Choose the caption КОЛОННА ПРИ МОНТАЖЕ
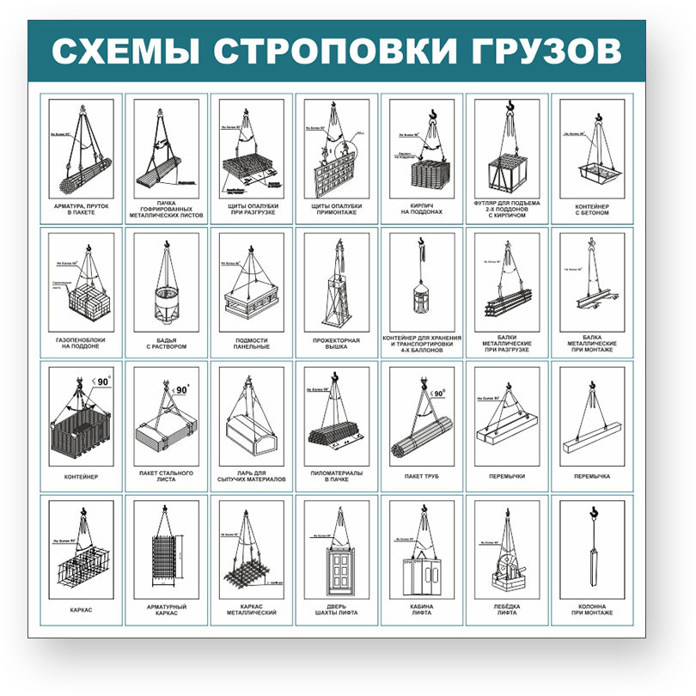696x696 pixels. tap(592, 609)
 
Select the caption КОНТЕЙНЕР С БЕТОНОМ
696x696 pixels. tap(592, 210)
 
